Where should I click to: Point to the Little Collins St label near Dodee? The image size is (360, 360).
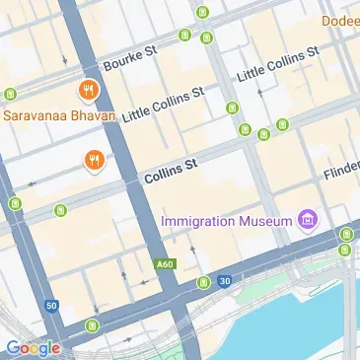(x=278, y=62)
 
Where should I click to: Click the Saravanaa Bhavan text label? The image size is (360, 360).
(x=59, y=113)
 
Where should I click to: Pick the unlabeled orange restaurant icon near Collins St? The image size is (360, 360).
(x=95, y=160)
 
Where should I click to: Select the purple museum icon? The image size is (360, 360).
(x=308, y=218)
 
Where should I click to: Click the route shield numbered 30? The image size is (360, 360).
(x=225, y=281)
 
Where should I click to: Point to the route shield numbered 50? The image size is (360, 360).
(x=51, y=307)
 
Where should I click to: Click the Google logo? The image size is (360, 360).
(x=32, y=347)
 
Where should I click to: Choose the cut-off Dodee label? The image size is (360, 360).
(x=340, y=20)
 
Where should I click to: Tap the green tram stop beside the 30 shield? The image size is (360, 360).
(x=204, y=283)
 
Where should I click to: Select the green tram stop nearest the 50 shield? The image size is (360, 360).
(x=92, y=324)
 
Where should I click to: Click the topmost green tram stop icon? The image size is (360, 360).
(x=202, y=13)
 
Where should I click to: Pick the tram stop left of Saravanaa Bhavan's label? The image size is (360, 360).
(x=11, y=95)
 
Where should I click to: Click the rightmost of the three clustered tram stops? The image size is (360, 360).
(x=283, y=125)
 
